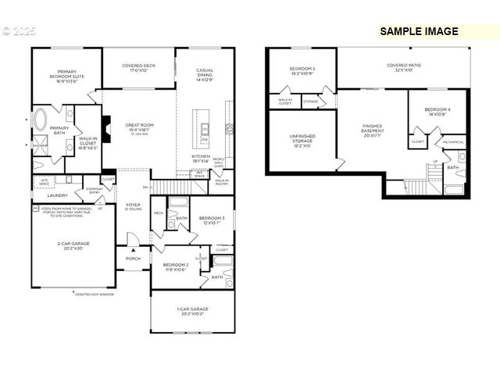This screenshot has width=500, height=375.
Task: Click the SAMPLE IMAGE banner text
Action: pos(419,32)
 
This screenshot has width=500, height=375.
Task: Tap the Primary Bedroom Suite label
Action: pos(66,74)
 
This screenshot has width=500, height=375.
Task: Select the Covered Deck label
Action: pos(137,68)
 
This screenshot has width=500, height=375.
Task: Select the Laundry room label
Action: pos(58,195)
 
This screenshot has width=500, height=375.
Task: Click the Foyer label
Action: pos(133,207)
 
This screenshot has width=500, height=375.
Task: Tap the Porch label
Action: pos(133,259)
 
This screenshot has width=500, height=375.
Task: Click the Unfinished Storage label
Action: pos(302,140)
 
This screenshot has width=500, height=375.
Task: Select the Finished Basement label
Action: pos(372,130)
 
